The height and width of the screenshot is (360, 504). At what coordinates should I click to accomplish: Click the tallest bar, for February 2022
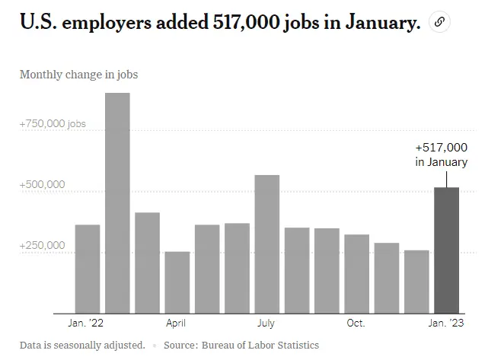tap(117, 202)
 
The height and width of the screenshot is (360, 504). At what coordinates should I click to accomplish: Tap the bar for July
tap(266, 244)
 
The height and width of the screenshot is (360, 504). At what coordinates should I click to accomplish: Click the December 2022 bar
tap(416, 281)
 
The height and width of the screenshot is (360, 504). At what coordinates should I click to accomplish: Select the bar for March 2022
tap(147, 262)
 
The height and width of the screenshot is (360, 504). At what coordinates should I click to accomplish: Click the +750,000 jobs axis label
tap(53, 123)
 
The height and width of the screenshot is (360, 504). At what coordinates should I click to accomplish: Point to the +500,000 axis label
tap(43, 185)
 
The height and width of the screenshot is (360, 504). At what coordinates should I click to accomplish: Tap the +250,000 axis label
tap(43, 246)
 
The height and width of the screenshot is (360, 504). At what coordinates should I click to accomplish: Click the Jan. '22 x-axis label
tap(87, 323)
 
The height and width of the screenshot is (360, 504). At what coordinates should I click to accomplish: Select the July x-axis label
tap(266, 323)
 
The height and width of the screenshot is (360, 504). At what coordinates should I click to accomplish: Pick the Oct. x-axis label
tap(356, 323)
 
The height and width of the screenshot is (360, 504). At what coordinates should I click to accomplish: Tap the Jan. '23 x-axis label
tap(446, 323)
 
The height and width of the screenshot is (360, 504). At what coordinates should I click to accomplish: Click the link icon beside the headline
tap(439, 23)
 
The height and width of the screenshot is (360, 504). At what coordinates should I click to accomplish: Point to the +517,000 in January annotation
tap(442, 155)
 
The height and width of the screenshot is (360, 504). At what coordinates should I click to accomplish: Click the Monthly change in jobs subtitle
tap(78, 75)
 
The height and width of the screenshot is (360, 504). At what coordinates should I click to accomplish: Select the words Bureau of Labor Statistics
tap(260, 346)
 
